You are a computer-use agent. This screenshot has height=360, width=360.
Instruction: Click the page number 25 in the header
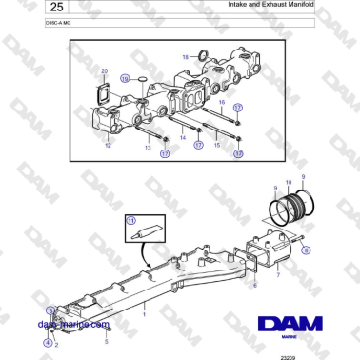30,9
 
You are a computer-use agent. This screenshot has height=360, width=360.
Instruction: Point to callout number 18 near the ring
185,56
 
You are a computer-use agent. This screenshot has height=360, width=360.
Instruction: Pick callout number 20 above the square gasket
105,71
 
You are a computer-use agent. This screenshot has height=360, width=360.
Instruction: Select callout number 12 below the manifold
107,146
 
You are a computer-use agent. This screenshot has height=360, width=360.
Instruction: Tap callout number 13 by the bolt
148,148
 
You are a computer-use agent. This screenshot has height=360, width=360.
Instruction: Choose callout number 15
217,145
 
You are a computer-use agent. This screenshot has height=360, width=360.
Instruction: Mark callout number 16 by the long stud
221,100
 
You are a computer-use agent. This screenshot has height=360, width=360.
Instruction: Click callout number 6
254,283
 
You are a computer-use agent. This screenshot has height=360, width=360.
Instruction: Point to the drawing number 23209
288,356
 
